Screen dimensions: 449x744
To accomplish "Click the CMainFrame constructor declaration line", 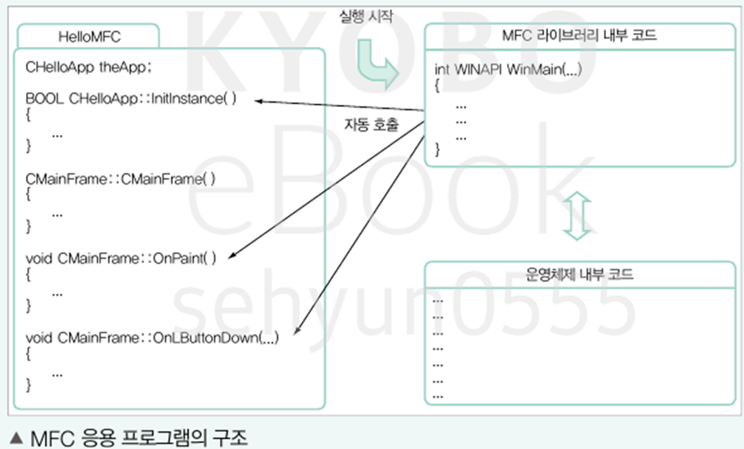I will [121, 179].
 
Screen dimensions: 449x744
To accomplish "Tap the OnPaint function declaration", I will [121, 258].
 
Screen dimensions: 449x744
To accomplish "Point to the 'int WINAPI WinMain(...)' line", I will [508, 70].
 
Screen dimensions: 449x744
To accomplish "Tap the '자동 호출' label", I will [371, 124].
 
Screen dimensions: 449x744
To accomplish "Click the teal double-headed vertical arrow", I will [578, 215].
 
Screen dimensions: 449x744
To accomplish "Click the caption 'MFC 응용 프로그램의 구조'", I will [139, 438].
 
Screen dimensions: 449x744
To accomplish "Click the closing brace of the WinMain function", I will [438, 150].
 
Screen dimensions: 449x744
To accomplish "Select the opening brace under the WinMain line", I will [438, 85].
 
